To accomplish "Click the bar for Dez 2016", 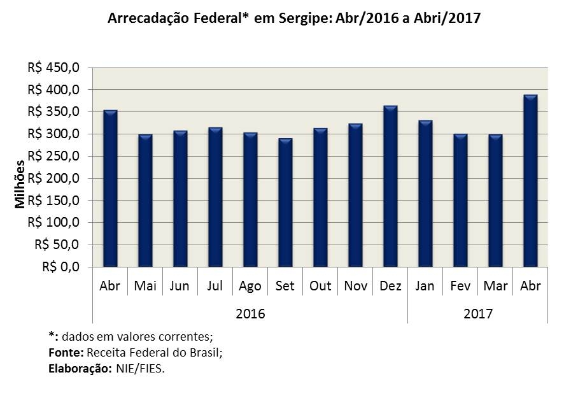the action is (390, 186).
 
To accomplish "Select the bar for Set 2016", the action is (285, 203).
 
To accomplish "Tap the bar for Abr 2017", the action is (530, 181).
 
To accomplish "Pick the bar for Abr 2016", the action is (110, 188).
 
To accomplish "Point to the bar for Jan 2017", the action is (425, 194).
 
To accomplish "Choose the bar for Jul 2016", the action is (215, 197).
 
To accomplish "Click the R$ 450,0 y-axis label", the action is (53, 68).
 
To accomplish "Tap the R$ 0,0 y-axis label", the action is (60, 267).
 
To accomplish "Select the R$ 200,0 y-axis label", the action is (53, 178).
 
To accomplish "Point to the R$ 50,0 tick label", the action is (57, 245).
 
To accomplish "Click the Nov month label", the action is (355, 286).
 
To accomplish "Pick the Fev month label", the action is (460, 286).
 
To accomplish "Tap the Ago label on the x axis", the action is (250, 287).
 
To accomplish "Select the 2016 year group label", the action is (250, 314).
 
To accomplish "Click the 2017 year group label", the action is (477, 314).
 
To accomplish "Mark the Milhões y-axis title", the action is (20, 184).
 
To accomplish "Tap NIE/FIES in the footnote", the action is (140, 369).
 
